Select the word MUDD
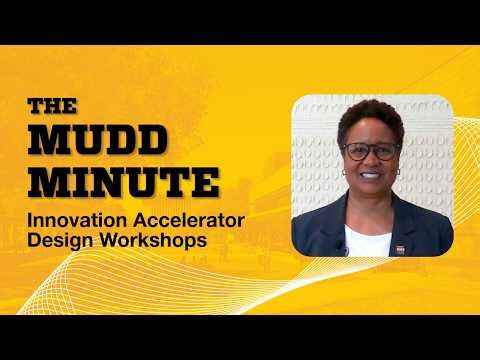(x=85, y=141)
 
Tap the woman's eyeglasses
(x=369, y=152)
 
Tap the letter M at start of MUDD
(x=44, y=141)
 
